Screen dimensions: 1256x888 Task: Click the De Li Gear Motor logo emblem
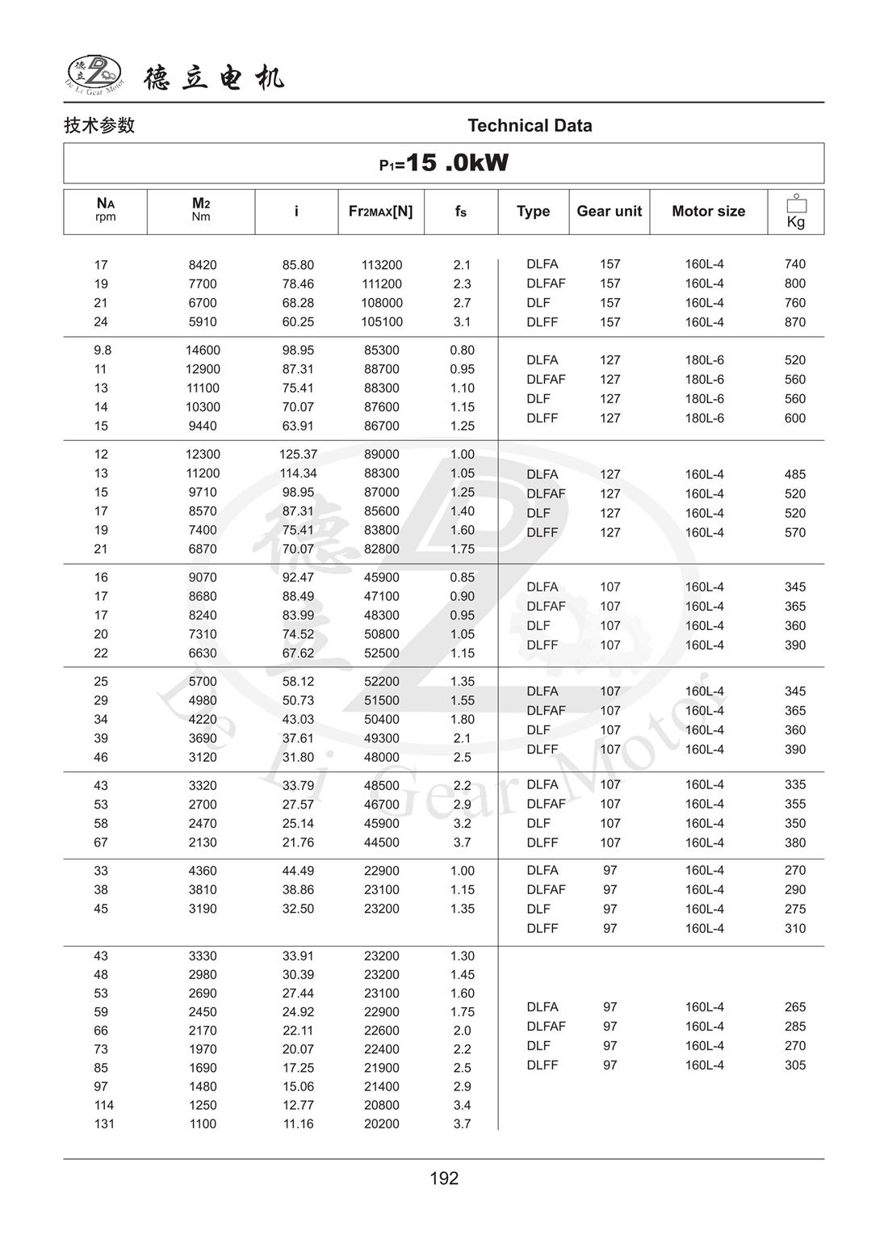pos(94,74)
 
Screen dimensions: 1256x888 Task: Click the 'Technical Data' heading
pos(530,125)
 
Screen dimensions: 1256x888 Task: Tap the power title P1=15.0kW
pos(444,163)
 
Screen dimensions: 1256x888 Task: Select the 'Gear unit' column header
pos(609,211)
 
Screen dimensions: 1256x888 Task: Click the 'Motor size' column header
pos(708,211)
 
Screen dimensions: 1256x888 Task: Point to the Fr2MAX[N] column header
pos(380,211)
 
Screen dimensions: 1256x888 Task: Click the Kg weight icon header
pos(796,212)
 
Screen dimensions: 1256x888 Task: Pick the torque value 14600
pos(203,351)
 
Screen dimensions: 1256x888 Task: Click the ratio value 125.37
pos(298,455)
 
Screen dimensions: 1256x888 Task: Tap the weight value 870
pos(795,322)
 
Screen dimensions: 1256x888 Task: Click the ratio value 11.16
pos(298,1124)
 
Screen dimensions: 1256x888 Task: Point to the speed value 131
pos(104,1124)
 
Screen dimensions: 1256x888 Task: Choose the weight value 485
pos(795,475)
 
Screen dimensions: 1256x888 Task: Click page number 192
pos(444,1178)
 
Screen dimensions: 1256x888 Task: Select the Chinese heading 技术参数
pos(99,125)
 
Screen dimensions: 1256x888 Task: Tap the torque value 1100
pos(203,1124)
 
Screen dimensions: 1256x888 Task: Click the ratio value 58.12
pos(298,682)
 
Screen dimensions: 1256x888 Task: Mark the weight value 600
pos(795,418)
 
